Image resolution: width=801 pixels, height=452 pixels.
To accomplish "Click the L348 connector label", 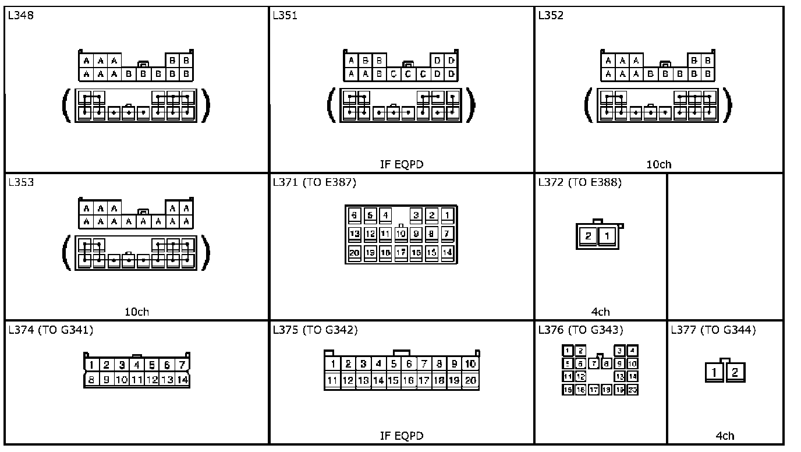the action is (21, 16).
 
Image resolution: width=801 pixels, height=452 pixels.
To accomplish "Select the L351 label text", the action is (285, 16).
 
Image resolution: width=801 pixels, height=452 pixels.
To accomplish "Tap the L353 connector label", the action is (21, 182).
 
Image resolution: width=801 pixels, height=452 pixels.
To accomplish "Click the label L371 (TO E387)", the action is (314, 182).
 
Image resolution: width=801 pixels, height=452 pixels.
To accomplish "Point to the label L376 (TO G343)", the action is (580, 330).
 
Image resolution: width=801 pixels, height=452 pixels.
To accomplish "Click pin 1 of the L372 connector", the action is (607, 236).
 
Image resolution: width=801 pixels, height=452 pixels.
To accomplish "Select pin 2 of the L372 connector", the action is (589, 236).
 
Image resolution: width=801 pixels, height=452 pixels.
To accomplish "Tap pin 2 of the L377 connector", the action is (735, 372).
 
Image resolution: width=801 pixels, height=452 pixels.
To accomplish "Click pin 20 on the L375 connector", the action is (470, 380).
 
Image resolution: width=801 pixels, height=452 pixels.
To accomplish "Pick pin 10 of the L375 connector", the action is (470, 364).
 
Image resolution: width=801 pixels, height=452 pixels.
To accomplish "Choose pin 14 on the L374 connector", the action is (182, 380).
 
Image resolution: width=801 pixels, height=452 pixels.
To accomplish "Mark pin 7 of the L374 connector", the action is (182, 365).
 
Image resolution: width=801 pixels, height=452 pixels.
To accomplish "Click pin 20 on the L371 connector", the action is (355, 252).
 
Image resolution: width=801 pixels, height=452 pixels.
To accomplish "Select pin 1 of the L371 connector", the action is (447, 215).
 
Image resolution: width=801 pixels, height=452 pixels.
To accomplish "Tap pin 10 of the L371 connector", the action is (400, 234).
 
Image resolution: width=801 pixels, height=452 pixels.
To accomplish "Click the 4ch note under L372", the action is (600, 312).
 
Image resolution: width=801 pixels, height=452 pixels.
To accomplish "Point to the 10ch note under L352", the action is (658, 164).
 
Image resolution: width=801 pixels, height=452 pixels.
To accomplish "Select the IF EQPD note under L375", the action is (401, 436).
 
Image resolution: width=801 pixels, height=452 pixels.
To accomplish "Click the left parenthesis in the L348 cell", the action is (66, 106).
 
